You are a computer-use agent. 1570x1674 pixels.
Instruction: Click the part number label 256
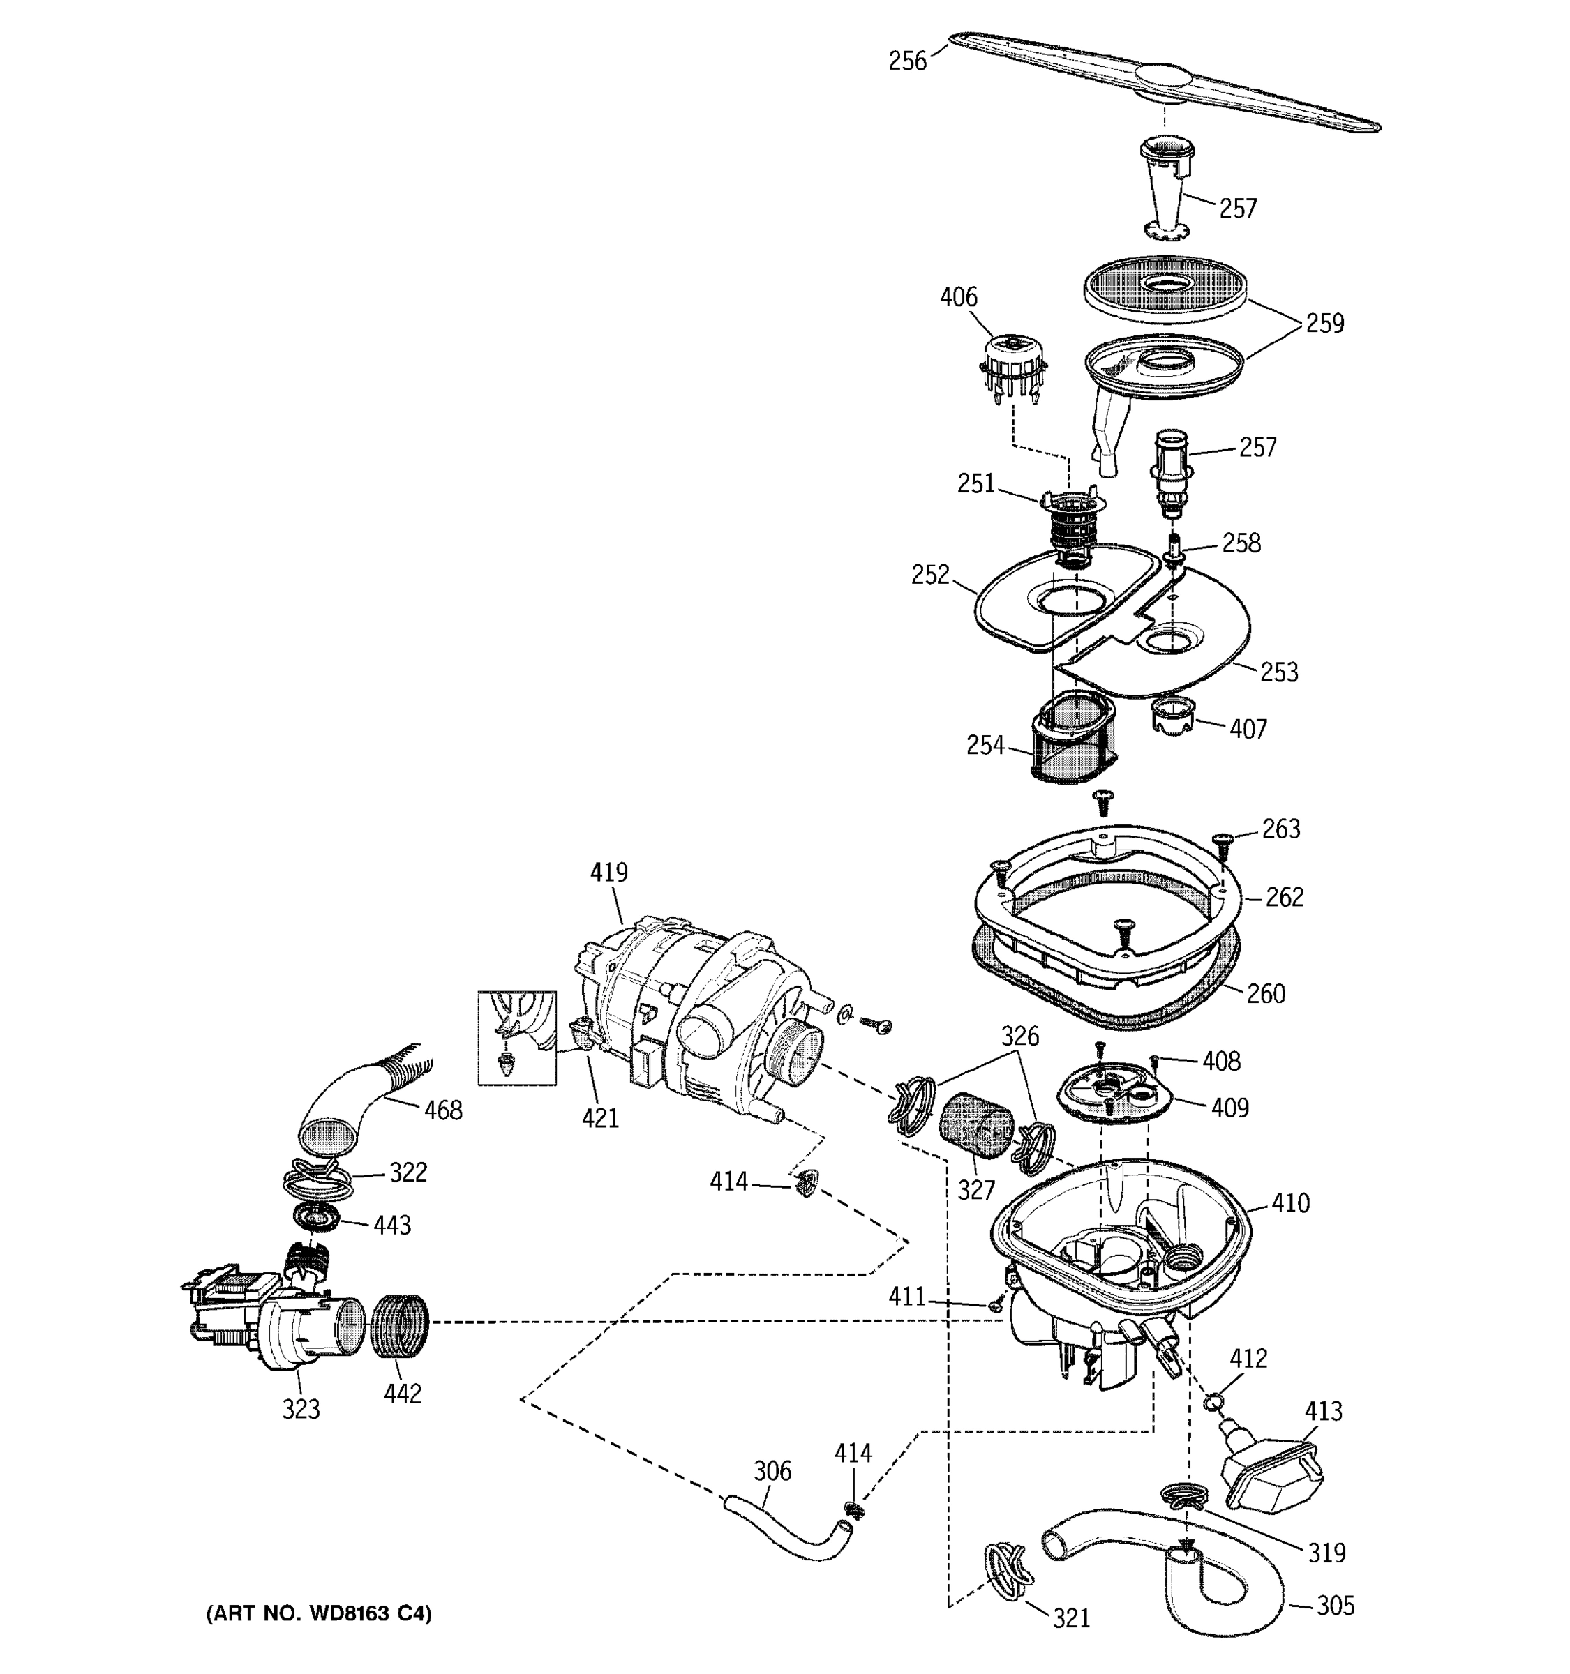[907, 61]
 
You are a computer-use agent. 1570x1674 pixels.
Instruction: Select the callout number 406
[959, 297]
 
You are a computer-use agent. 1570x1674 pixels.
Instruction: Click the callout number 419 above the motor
[608, 873]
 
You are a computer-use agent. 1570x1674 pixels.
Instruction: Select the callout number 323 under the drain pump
[301, 1409]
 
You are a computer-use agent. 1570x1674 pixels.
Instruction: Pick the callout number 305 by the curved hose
[1336, 1606]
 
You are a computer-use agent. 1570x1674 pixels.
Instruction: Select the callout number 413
[1323, 1411]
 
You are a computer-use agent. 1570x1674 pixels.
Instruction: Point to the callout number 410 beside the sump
[1290, 1203]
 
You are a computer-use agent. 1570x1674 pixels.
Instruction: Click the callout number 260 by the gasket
[1266, 994]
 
